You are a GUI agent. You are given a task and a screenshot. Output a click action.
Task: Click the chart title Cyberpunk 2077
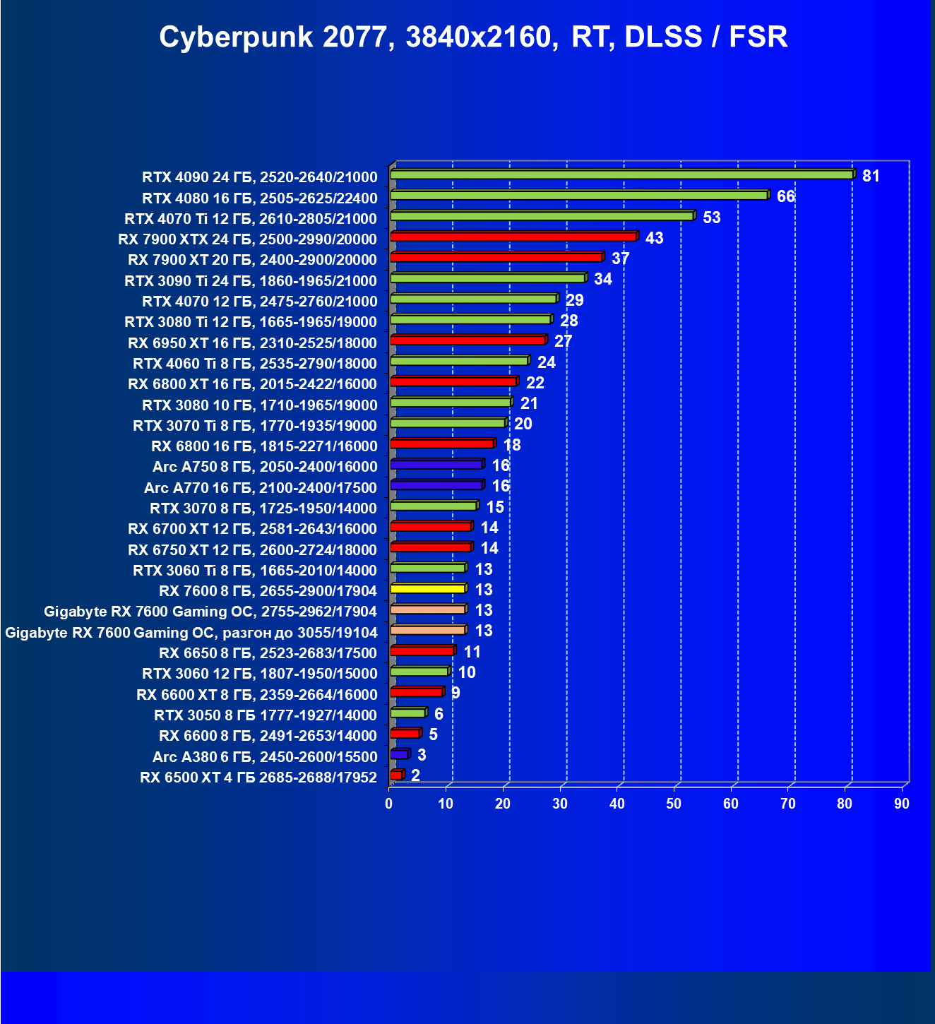[x=473, y=37]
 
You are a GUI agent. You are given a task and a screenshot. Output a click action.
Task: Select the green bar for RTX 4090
[x=621, y=174]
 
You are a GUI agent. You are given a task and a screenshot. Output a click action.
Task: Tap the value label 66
[x=785, y=196]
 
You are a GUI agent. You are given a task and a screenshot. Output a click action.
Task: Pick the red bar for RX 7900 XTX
[x=513, y=237]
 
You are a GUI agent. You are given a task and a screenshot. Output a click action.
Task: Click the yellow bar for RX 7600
[x=427, y=588]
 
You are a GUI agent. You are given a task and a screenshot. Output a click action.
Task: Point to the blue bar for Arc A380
[x=399, y=754]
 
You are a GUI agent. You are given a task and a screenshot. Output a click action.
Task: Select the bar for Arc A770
[x=436, y=485]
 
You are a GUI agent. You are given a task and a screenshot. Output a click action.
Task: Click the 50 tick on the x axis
[x=674, y=804]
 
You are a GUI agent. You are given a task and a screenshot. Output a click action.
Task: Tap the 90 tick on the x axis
[x=902, y=804]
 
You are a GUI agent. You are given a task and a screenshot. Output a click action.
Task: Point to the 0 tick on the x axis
[x=388, y=804]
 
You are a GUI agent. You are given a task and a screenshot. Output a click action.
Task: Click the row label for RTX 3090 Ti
[x=251, y=281]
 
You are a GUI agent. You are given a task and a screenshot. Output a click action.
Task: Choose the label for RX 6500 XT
[x=258, y=778]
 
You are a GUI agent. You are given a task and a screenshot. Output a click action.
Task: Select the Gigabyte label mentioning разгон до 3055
[x=191, y=633]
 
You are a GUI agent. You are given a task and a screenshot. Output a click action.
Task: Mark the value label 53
[x=711, y=218]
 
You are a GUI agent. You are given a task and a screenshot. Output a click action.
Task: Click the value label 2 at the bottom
[x=415, y=775]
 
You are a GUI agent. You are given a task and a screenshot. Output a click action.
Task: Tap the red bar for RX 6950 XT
[x=467, y=340]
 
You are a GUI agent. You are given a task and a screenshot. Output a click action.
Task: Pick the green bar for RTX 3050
[x=407, y=713]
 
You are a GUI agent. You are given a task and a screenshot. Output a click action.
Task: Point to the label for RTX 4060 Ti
[x=255, y=364]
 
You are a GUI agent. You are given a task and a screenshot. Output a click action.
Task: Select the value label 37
[x=620, y=258]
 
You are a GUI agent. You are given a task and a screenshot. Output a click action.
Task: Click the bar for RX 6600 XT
[x=416, y=692]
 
